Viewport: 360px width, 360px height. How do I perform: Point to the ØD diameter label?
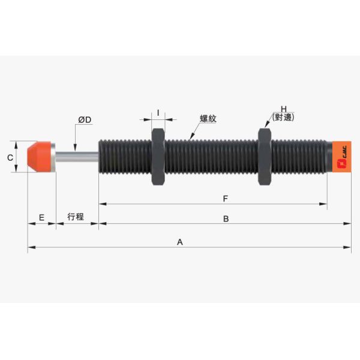[x=85, y=120]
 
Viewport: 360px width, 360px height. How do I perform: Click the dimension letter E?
[x=41, y=216]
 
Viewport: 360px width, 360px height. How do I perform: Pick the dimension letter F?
[x=226, y=198]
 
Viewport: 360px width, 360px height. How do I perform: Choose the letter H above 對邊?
[x=282, y=110]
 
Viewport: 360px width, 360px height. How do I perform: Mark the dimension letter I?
[x=158, y=113]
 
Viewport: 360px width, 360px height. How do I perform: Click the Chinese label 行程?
[x=76, y=217]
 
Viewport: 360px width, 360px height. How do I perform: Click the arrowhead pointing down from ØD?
[x=75, y=148]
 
